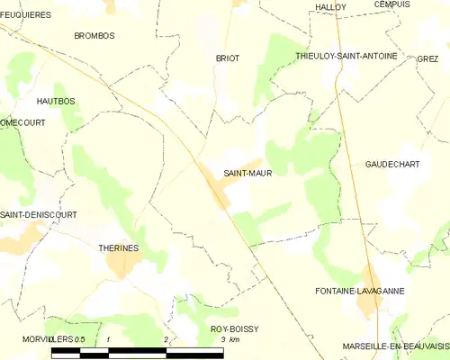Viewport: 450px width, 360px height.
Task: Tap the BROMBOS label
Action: [94, 36]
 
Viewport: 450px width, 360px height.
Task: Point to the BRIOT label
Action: [227, 58]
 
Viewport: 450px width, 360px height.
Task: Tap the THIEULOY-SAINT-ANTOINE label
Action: [346, 56]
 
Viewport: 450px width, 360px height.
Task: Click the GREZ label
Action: [427, 58]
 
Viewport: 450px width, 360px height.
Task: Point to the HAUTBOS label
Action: [55, 103]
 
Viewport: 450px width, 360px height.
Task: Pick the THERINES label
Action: [117, 245]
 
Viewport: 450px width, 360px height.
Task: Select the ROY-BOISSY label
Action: [233, 329]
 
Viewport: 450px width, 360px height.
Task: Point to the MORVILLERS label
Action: [45, 338]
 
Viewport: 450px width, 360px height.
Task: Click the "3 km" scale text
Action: [230, 339]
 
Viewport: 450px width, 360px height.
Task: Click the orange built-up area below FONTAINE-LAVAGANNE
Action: [368, 305]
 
